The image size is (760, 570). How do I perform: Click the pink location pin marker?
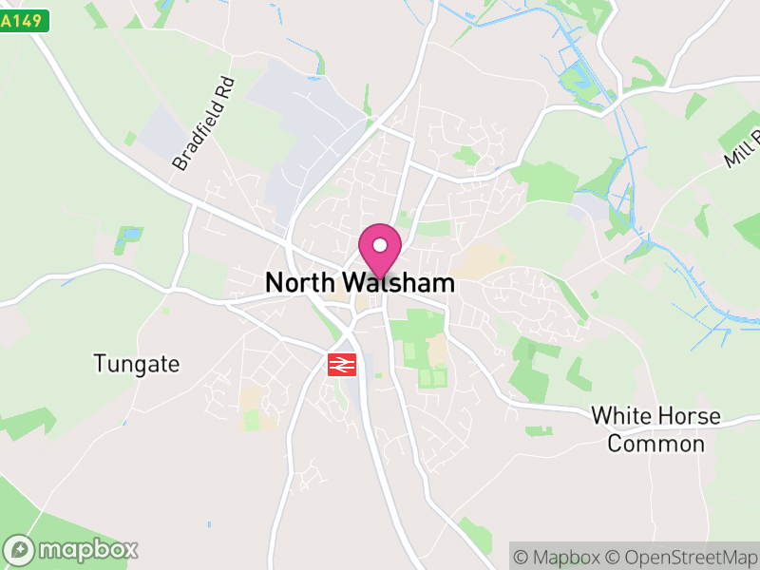(380, 250)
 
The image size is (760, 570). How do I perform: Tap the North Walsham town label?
(360, 283)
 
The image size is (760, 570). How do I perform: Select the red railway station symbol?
(342, 365)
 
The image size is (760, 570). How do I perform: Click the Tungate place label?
(137, 363)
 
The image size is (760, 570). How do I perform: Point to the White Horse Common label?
(655, 430)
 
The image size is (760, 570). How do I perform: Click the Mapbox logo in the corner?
(72, 549)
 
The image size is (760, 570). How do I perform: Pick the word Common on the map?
(655, 444)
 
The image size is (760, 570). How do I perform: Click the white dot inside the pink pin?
(380, 245)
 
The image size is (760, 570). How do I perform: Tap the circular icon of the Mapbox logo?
(20, 549)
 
